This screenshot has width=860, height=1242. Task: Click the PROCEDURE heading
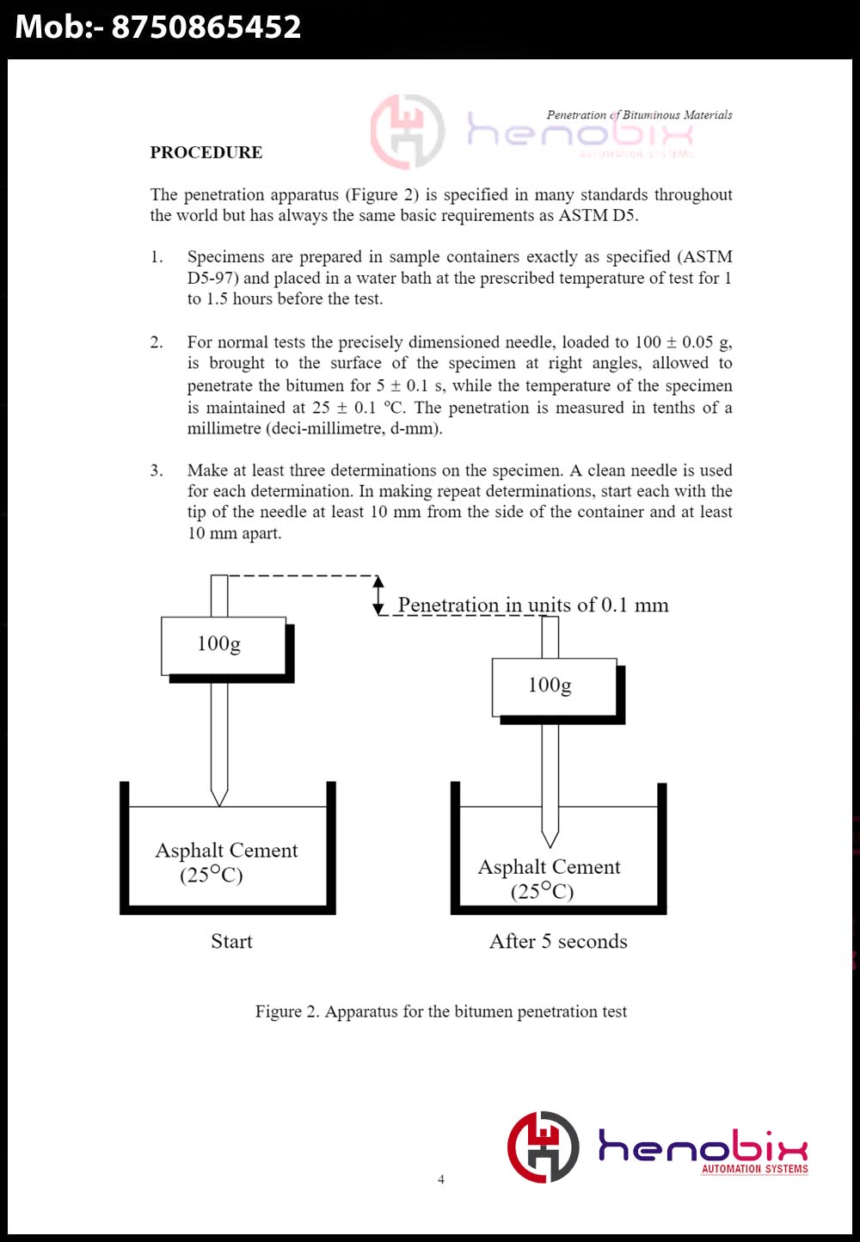coord(206,152)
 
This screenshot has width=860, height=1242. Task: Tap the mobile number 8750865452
coord(206,28)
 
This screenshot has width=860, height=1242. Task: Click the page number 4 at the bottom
coord(441,1179)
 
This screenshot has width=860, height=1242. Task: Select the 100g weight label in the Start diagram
coord(219,644)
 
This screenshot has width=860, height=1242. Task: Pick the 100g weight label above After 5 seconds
coord(550,686)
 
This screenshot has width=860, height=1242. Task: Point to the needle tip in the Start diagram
coord(219,803)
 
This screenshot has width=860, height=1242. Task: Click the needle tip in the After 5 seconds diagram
coord(550,845)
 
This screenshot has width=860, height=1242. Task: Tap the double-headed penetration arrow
coord(378,595)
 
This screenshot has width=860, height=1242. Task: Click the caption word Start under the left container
coord(231,941)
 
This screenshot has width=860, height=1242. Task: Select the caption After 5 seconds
coord(558,941)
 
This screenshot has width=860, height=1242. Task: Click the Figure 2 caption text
coord(440,1011)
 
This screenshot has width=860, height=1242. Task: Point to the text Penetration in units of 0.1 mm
coord(533,605)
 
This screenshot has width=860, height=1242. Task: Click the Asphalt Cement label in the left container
coord(226,851)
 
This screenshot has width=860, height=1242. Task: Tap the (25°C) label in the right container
coord(542,891)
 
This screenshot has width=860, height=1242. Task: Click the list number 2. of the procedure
coord(157,342)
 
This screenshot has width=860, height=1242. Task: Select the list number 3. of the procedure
coord(157,470)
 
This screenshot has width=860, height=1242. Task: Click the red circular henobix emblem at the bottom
coord(543,1147)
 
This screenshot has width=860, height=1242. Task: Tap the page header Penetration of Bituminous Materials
coord(639,114)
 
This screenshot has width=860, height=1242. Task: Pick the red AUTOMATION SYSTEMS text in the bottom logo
coord(754,1169)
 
